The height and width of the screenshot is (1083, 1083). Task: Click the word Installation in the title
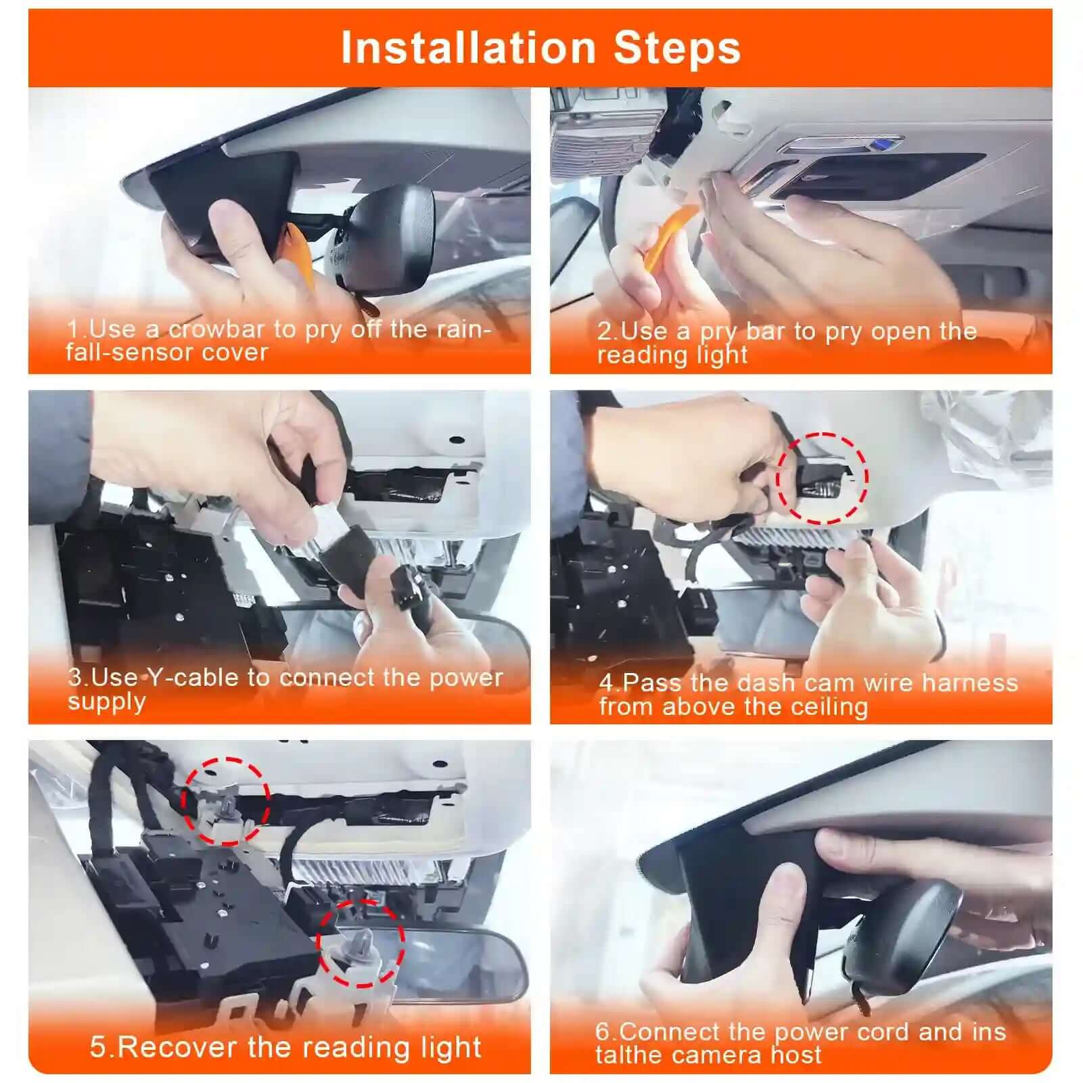coord(467,48)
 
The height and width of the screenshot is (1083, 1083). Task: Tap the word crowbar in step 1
coord(216,329)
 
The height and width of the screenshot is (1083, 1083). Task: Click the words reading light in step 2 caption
coord(672,355)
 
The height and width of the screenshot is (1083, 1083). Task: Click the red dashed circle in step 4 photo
coord(822,478)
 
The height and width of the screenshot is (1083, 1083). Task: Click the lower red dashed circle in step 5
coord(361,942)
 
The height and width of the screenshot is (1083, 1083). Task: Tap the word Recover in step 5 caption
coord(178,1047)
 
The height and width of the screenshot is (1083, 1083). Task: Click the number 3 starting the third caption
coord(74,678)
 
